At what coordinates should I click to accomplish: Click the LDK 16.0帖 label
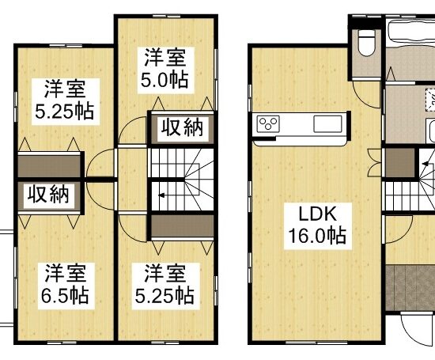[x=318, y=226]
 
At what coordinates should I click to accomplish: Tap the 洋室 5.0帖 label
[x=165, y=70]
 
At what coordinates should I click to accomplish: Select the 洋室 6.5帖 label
[x=66, y=286]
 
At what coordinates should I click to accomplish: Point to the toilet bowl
[x=366, y=43]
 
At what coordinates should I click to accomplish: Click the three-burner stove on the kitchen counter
[x=268, y=123]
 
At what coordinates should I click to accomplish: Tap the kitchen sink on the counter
[x=327, y=123]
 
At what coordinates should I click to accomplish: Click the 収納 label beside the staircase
[x=183, y=128]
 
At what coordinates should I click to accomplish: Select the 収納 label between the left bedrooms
[x=49, y=195]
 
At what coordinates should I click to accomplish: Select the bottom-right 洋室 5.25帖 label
[x=165, y=286]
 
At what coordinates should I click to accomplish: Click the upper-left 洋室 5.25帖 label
[x=66, y=101]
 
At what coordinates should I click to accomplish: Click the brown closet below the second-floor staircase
[x=182, y=226]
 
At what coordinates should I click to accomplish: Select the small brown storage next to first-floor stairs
[x=399, y=163]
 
